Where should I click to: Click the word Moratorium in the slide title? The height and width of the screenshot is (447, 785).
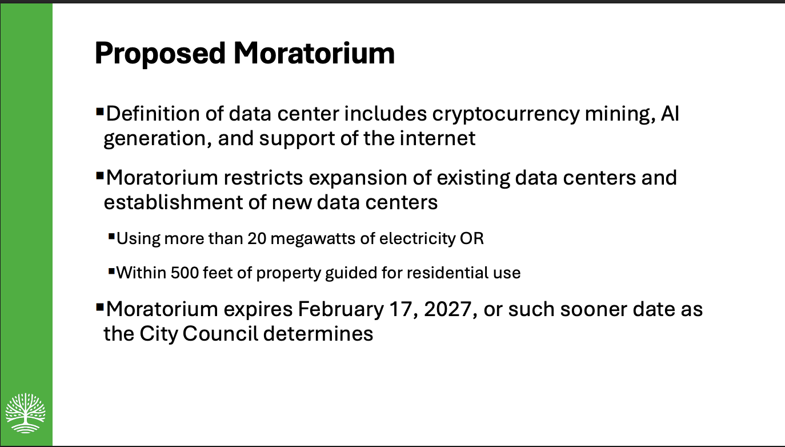click(314, 54)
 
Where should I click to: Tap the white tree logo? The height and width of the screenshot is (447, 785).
click(26, 413)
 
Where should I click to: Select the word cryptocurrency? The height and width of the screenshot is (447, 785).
click(506, 114)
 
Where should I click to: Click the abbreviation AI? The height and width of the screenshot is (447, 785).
click(670, 114)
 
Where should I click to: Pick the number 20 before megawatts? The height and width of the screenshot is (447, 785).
click(257, 238)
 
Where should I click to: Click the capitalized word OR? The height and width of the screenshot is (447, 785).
click(472, 238)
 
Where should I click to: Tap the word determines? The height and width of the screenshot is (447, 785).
click(318, 334)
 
